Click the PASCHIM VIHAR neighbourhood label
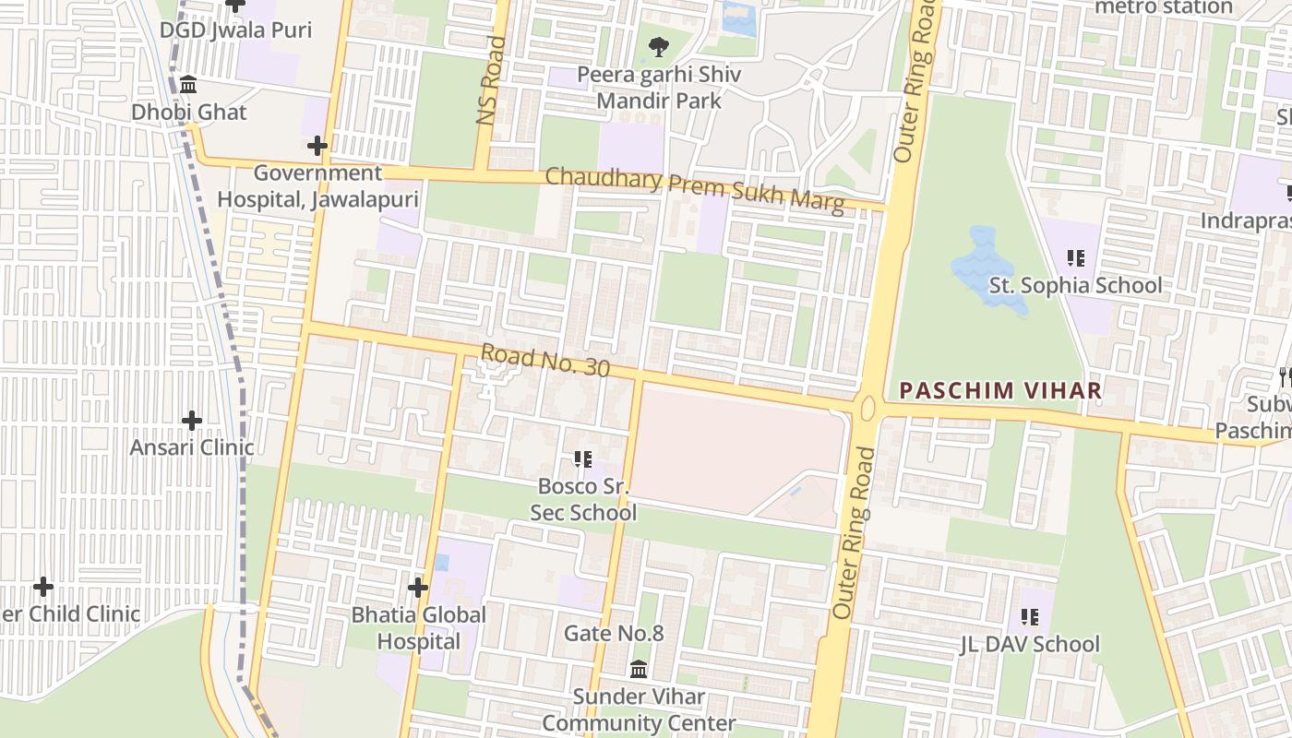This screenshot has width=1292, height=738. click(1000, 390)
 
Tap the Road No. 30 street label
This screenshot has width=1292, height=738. click(545, 360)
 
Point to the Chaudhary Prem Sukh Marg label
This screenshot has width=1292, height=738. click(694, 189)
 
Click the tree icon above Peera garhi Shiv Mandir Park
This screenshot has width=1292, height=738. click(658, 47)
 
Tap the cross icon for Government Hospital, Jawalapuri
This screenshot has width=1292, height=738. click(317, 146)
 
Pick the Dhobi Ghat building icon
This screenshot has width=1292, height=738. click(189, 86)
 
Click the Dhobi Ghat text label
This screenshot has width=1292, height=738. click(189, 113)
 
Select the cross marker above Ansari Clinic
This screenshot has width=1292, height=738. click(192, 421)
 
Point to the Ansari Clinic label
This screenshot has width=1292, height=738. click(192, 447)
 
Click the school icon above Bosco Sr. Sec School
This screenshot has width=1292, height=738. click(582, 458)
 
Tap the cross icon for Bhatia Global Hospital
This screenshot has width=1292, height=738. click(418, 587)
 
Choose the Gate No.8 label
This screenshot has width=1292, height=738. click(614, 634)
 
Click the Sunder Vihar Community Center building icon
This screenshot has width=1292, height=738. click(639, 669)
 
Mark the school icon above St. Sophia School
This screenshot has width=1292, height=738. click(1075, 258)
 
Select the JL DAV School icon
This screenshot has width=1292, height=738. click(1030, 617)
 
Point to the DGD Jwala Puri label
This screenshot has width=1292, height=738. click(235, 30)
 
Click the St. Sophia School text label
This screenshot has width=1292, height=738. click(1075, 285)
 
